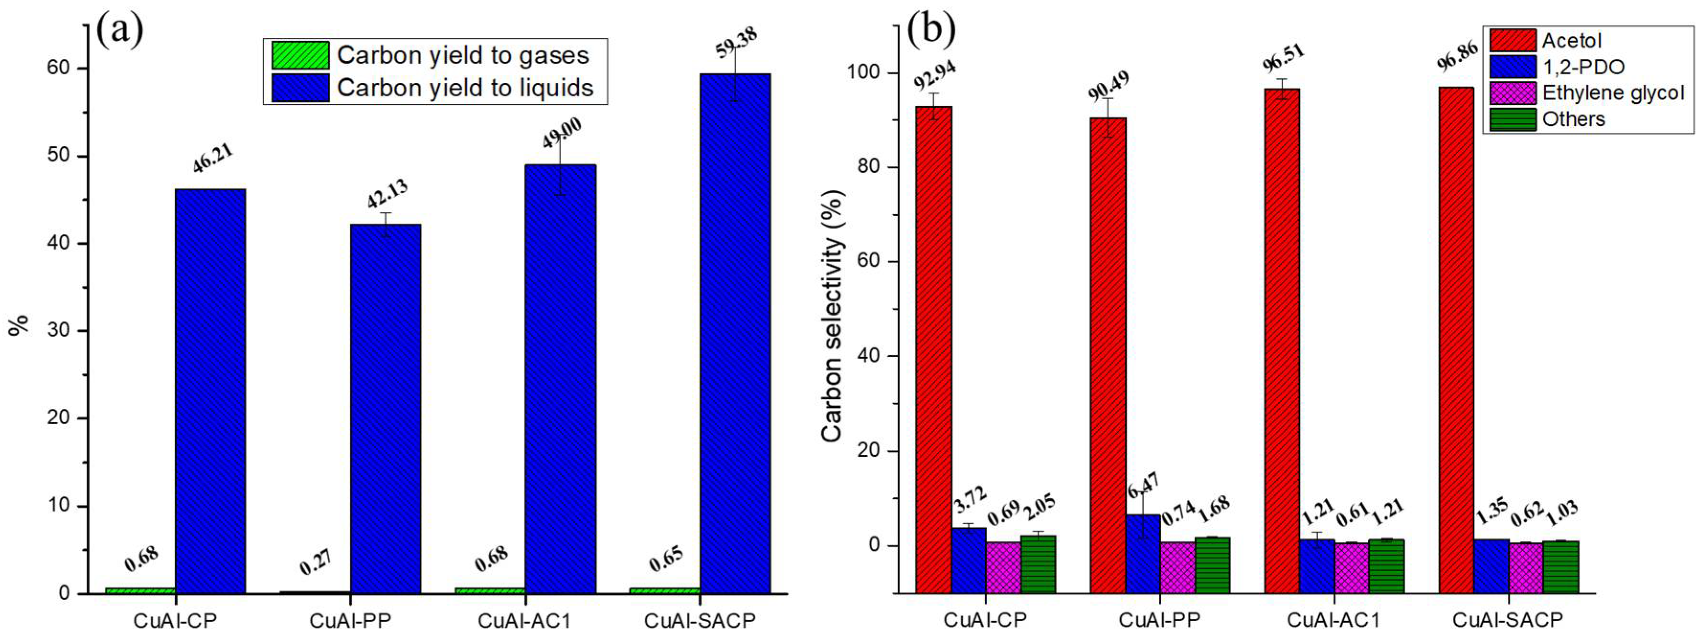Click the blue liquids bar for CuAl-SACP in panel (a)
(735, 331)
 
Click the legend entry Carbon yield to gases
(462, 56)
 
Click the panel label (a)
(120, 30)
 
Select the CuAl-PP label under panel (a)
(350, 620)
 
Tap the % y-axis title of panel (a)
(19, 324)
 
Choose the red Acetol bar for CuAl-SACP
(1456, 338)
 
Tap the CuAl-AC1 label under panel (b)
(1333, 620)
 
